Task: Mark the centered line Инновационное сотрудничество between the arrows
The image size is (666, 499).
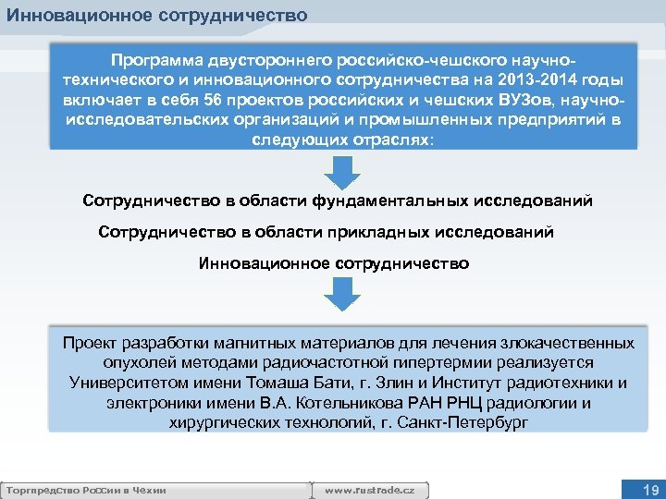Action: [334, 263]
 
